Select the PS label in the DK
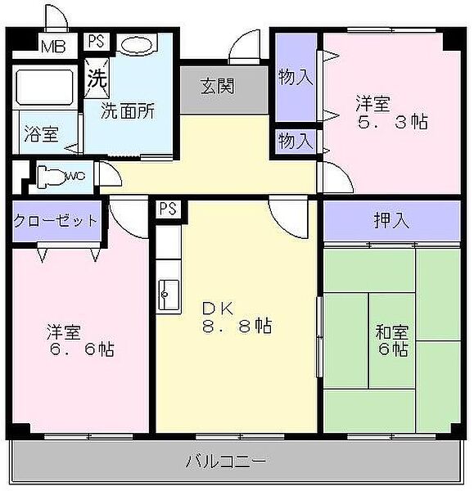pyautogui.click(x=167, y=209)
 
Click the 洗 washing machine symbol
pyautogui.click(x=97, y=80)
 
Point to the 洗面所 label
pyautogui.click(x=128, y=111)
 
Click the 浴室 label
pyautogui.click(x=40, y=133)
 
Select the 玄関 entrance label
pyautogui.click(x=217, y=85)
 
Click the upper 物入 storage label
pyautogui.click(x=296, y=78)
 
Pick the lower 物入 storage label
pyautogui.click(x=296, y=140)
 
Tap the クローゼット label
pyautogui.click(x=56, y=221)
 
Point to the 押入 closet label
pyautogui.click(x=392, y=219)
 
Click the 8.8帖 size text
pyautogui.click(x=237, y=327)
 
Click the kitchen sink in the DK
pyautogui.click(x=169, y=291)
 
